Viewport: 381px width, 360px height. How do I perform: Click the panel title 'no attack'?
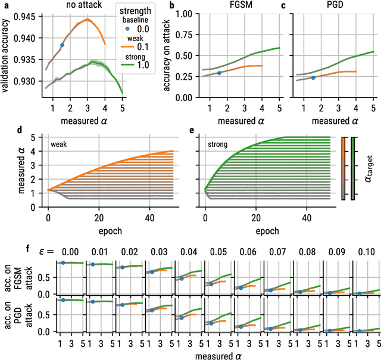coord(88,5)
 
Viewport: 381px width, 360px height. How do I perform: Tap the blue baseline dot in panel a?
coord(62,45)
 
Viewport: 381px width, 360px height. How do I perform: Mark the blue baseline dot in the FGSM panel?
coord(220,73)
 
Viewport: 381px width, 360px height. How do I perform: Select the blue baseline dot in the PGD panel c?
coord(313,77)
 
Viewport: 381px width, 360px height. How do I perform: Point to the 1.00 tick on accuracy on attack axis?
coord(182,13)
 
